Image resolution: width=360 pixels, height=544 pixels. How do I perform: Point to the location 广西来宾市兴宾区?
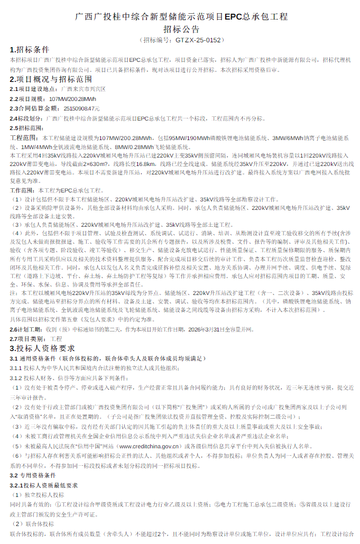[x=83, y=89]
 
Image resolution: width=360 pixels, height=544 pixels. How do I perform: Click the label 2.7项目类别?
[x=27, y=338]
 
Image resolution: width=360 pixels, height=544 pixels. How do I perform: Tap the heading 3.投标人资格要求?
[x=43, y=348]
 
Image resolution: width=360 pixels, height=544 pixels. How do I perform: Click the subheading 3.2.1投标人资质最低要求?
[x=44, y=485]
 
